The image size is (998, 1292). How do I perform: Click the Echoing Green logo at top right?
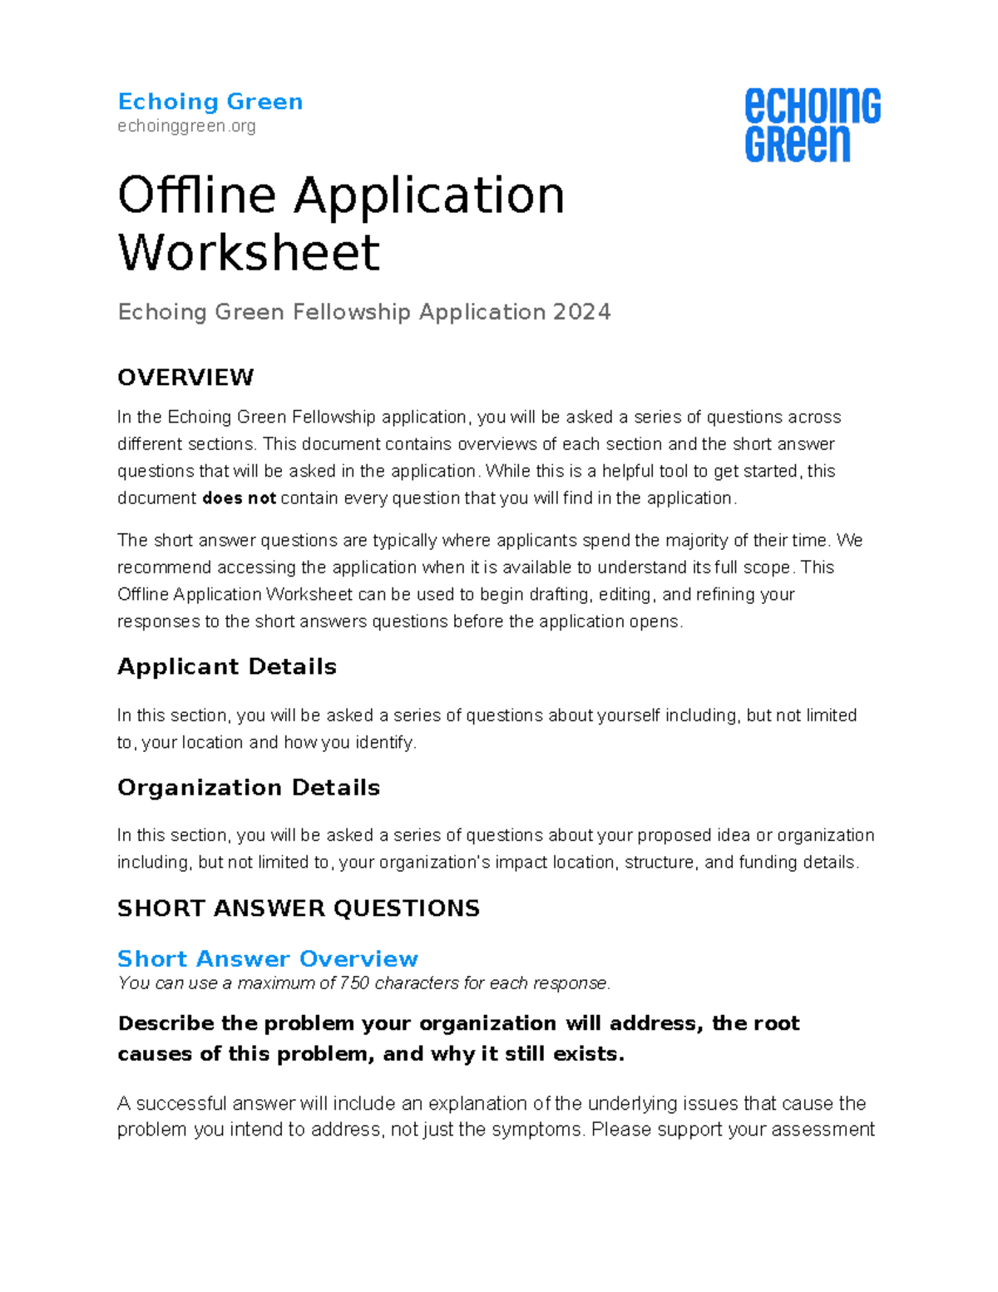[x=812, y=125]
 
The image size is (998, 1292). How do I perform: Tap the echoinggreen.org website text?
[x=186, y=126]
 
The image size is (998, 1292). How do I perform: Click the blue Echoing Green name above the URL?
[x=210, y=101]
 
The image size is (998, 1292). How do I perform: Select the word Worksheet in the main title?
[x=249, y=252]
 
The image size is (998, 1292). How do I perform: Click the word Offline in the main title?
[x=196, y=196]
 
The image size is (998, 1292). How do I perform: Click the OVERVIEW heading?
[x=185, y=378]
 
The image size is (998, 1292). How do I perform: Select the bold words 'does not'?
[x=239, y=498]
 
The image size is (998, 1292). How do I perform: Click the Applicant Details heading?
[x=226, y=666]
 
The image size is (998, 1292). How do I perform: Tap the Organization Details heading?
[x=248, y=787]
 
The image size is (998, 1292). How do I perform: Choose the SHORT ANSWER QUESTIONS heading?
[x=299, y=908]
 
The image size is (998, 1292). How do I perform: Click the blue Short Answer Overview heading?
[x=267, y=958]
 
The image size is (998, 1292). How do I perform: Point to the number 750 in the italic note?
[x=354, y=983]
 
